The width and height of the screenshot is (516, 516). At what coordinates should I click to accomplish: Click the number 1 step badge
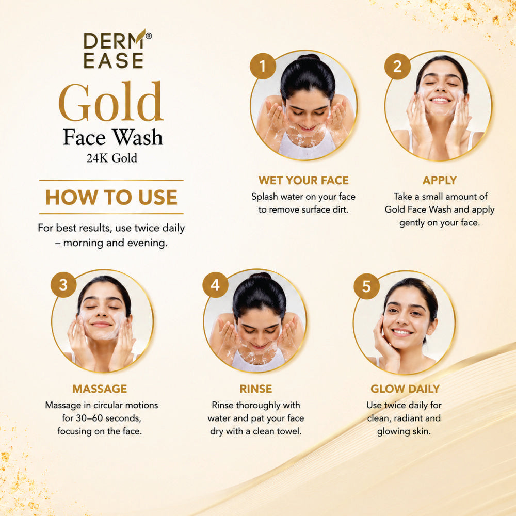click(263, 66)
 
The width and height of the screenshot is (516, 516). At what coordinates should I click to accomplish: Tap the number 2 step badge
click(397, 67)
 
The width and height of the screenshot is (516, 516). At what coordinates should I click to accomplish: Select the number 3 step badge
click(63, 285)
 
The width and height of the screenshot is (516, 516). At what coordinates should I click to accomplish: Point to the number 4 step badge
click(215, 285)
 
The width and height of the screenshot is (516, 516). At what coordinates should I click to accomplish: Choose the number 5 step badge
click(366, 286)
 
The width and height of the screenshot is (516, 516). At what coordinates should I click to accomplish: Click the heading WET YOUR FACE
click(303, 180)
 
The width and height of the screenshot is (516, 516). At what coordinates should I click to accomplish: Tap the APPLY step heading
click(440, 180)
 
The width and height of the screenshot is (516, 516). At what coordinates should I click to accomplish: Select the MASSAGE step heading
click(100, 389)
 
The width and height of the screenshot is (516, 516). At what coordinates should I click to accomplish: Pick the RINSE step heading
click(256, 389)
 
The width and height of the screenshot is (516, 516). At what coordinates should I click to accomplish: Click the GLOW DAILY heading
click(405, 389)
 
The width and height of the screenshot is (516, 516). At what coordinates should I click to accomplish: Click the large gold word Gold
click(111, 102)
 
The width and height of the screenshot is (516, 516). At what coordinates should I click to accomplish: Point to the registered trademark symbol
click(149, 36)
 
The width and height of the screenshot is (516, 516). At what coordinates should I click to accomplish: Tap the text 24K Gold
click(112, 158)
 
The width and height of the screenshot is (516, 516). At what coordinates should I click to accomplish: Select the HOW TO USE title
click(111, 197)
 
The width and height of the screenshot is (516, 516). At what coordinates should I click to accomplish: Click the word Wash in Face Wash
click(137, 137)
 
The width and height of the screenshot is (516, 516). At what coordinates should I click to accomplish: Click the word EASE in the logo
click(113, 61)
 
